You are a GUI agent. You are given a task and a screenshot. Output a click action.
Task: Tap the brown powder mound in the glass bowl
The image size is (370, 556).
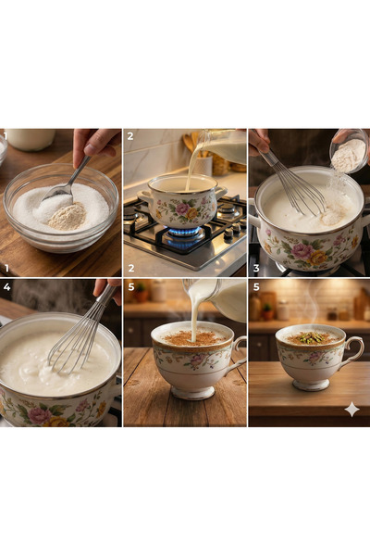(67, 216)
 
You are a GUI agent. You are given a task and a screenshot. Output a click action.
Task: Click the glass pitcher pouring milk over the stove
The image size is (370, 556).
(222, 145)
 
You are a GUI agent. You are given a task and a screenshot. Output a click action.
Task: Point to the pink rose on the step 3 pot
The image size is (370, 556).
(302, 251)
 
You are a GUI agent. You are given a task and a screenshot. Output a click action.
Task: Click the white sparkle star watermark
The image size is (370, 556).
(352, 409)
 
